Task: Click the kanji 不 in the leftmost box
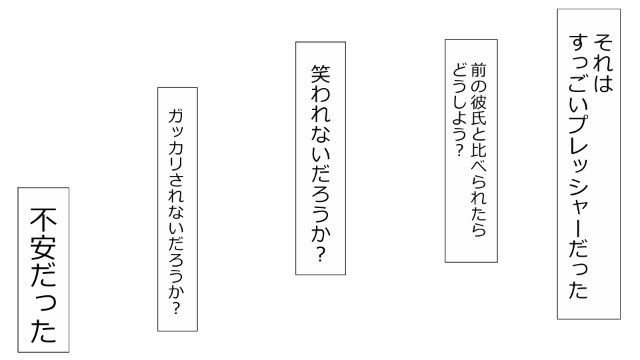click(43, 221)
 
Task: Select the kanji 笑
click(321, 74)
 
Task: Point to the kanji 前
click(479, 70)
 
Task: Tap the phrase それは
click(603, 63)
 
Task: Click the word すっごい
click(579, 73)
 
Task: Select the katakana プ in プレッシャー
click(579, 125)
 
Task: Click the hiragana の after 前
click(479, 86)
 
